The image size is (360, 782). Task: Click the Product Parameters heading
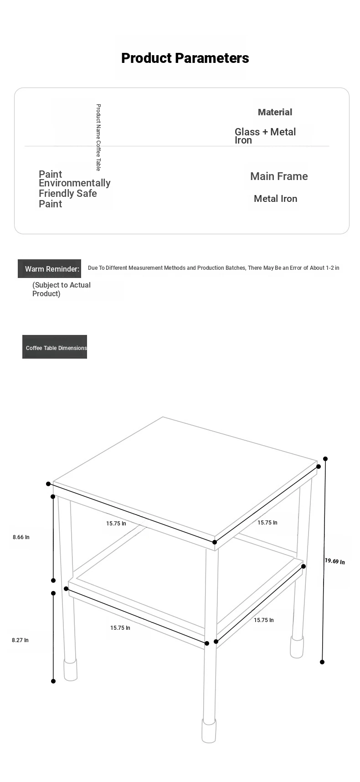coord(185,58)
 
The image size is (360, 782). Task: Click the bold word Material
coord(275,112)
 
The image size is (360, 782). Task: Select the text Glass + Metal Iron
coord(265,136)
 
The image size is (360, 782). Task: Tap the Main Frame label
coord(279,176)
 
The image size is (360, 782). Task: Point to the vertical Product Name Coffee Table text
coord(98,137)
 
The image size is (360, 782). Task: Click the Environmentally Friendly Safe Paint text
coord(74,189)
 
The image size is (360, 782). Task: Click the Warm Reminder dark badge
coord(50,269)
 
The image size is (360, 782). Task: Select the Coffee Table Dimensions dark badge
coord(55,347)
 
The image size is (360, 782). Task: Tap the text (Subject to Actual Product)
coord(62,289)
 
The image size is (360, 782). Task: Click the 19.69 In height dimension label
coord(334,561)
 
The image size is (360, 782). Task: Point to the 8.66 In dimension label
coord(21,537)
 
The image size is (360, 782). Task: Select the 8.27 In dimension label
coord(20,640)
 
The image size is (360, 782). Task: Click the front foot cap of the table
coord(209,731)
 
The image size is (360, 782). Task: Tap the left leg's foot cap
coord(70,670)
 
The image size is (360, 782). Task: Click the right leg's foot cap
coord(297,647)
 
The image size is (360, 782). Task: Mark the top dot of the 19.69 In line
coord(325,459)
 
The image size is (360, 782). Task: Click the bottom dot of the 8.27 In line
coord(53,681)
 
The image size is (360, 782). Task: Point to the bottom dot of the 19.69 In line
coord(322,662)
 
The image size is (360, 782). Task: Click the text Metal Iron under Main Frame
coord(275,199)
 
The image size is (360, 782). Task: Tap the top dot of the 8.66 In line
coord(53,497)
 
